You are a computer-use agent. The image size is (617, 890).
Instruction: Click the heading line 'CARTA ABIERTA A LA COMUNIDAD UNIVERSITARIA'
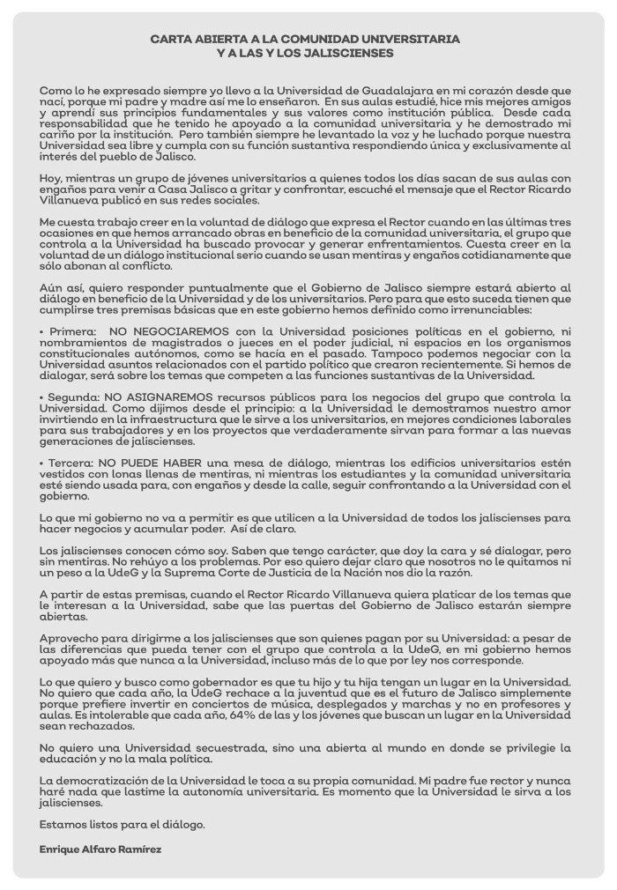(305, 40)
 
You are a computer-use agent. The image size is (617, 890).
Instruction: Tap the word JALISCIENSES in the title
(349, 54)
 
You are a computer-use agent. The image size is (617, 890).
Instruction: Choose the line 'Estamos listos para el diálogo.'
(123, 825)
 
